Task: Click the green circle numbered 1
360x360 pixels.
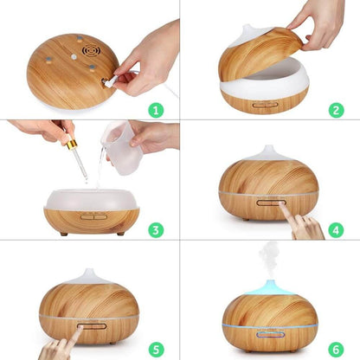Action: point(156,110)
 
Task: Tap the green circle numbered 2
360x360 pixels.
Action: point(336,110)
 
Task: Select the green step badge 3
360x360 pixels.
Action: point(156,229)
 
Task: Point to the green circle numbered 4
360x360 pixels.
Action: point(336,229)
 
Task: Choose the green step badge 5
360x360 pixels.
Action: point(156,349)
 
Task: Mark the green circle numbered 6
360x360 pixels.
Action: point(336,349)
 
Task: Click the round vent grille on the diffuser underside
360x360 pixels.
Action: point(91,51)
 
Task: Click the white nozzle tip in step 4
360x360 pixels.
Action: point(268,151)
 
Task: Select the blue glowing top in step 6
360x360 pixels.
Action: point(268,286)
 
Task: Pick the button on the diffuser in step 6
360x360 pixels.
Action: point(268,332)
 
